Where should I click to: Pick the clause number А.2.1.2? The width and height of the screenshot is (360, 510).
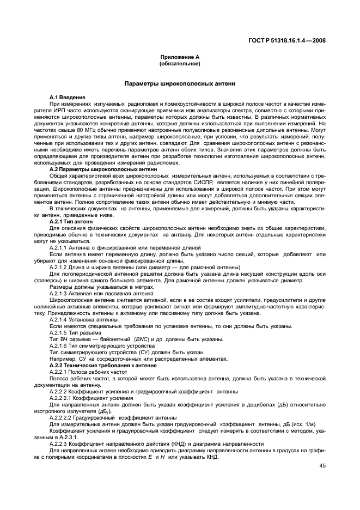60,267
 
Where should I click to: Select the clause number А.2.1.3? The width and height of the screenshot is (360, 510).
60,293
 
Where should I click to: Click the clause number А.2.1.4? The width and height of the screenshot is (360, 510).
60,319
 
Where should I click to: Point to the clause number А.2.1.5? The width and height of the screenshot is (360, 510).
60,332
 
